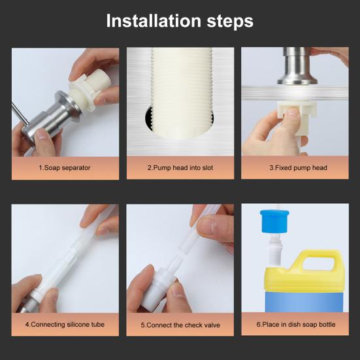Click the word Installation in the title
[x=154, y=21]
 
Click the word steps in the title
[x=230, y=22]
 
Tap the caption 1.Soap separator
[x=65, y=168]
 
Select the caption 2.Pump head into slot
[x=180, y=168]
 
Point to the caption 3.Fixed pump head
[x=298, y=168]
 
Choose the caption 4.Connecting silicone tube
[x=65, y=325]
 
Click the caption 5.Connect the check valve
[x=180, y=325]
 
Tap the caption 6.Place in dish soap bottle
[x=296, y=325]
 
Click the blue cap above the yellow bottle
[x=274, y=221]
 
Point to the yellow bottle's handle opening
[x=318, y=264]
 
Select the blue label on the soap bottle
[x=304, y=301]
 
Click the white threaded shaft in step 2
[x=182, y=93]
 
